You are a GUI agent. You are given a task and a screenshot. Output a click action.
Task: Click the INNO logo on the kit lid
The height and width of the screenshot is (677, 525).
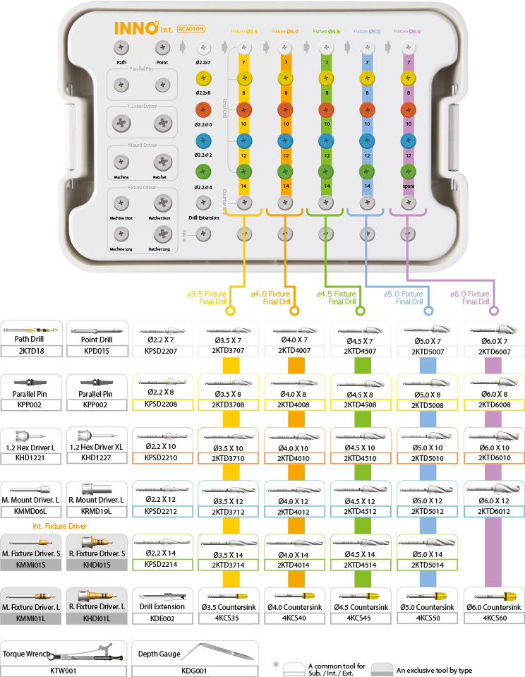(x=137, y=28)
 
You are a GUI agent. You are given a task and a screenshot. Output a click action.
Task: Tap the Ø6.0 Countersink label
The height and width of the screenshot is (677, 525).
(x=493, y=607)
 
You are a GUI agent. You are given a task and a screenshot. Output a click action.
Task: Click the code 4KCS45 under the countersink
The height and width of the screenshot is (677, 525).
(x=361, y=618)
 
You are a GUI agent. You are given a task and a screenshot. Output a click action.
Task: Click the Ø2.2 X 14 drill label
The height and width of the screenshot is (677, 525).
(x=162, y=554)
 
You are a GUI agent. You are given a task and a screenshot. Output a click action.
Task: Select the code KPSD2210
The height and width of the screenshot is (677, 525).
(x=162, y=457)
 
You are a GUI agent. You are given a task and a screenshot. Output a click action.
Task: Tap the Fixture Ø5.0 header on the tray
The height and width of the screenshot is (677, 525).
(x=366, y=32)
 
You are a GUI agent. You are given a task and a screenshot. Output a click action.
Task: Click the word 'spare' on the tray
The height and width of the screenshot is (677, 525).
(x=406, y=186)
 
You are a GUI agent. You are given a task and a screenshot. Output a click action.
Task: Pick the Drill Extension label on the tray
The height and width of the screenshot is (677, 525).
(x=203, y=217)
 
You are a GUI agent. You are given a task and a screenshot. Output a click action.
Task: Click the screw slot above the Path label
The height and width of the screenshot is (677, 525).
(x=122, y=48)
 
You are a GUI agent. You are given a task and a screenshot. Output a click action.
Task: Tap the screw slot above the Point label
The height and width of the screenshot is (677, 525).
(x=162, y=48)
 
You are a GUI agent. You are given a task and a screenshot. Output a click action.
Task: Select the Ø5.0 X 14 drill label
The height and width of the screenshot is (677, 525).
(x=427, y=554)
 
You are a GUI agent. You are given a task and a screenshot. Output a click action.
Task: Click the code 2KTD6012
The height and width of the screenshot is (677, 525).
(x=493, y=512)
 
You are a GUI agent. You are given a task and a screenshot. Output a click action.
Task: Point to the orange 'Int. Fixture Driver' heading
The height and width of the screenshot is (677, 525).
(x=61, y=526)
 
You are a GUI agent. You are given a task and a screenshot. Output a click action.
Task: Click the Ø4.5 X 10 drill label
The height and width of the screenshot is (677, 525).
(x=361, y=447)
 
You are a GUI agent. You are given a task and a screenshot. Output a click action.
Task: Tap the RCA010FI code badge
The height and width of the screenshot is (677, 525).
(x=191, y=29)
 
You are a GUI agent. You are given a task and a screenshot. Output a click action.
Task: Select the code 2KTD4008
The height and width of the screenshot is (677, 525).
(x=294, y=405)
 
